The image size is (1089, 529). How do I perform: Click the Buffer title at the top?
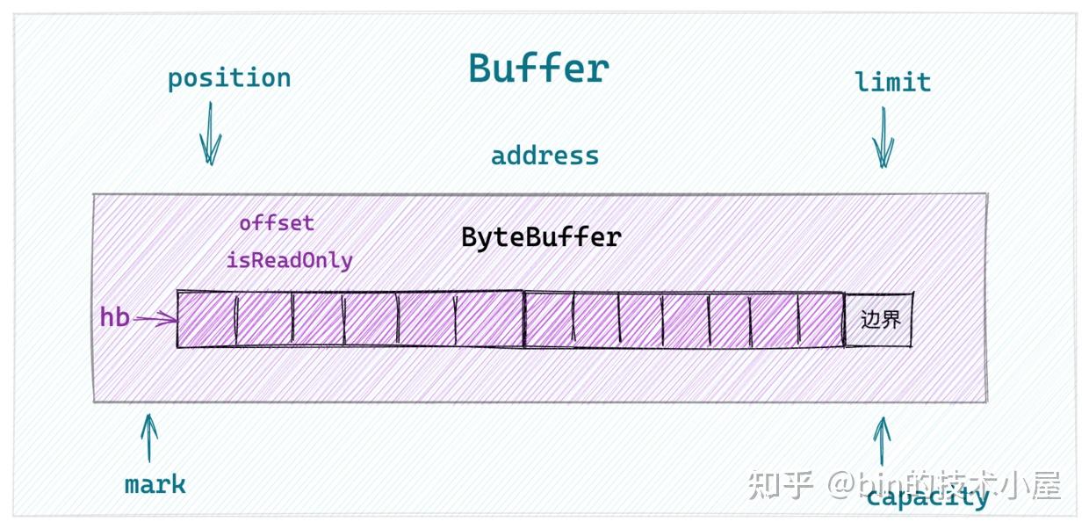tap(538, 69)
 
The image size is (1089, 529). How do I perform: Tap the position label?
tap(229, 79)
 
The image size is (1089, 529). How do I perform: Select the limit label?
tap(892, 83)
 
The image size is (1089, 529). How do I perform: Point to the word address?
tap(544, 156)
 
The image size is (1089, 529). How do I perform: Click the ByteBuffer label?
tap(541, 237)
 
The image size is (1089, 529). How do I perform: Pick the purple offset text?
tap(277, 223)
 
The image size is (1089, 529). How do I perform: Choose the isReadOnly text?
tap(289, 260)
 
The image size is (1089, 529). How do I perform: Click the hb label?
tap(115, 317)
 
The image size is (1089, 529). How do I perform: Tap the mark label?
tap(155, 484)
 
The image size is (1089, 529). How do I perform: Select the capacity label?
tap(927, 498)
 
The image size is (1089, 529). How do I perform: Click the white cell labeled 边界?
tap(879, 319)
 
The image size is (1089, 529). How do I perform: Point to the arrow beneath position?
tap(210, 134)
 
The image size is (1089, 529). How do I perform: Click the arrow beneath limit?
tap(883, 137)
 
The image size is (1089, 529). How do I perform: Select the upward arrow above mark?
tap(150, 438)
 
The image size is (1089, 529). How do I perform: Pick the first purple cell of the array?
tap(206, 319)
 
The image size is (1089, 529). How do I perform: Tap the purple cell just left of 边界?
tap(821, 319)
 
